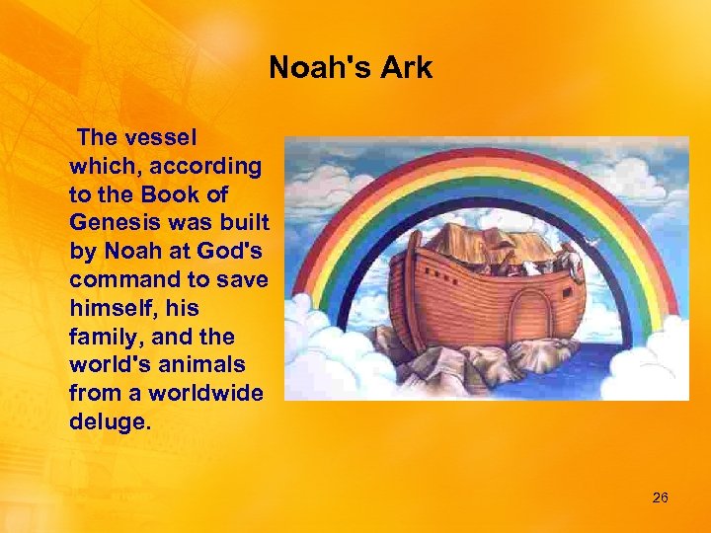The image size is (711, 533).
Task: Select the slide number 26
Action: (660, 497)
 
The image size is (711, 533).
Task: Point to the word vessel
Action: (169, 137)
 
